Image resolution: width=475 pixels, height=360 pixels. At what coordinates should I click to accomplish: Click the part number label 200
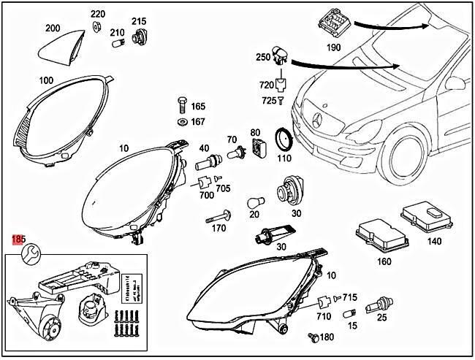point(53,28)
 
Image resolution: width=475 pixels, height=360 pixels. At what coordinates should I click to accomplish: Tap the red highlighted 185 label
point(18,240)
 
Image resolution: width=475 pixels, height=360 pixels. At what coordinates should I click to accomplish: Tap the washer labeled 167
point(180,120)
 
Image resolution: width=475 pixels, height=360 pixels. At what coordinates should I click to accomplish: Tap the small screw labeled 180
point(313,337)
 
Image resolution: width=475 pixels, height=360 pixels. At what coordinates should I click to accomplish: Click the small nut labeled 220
point(96,28)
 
